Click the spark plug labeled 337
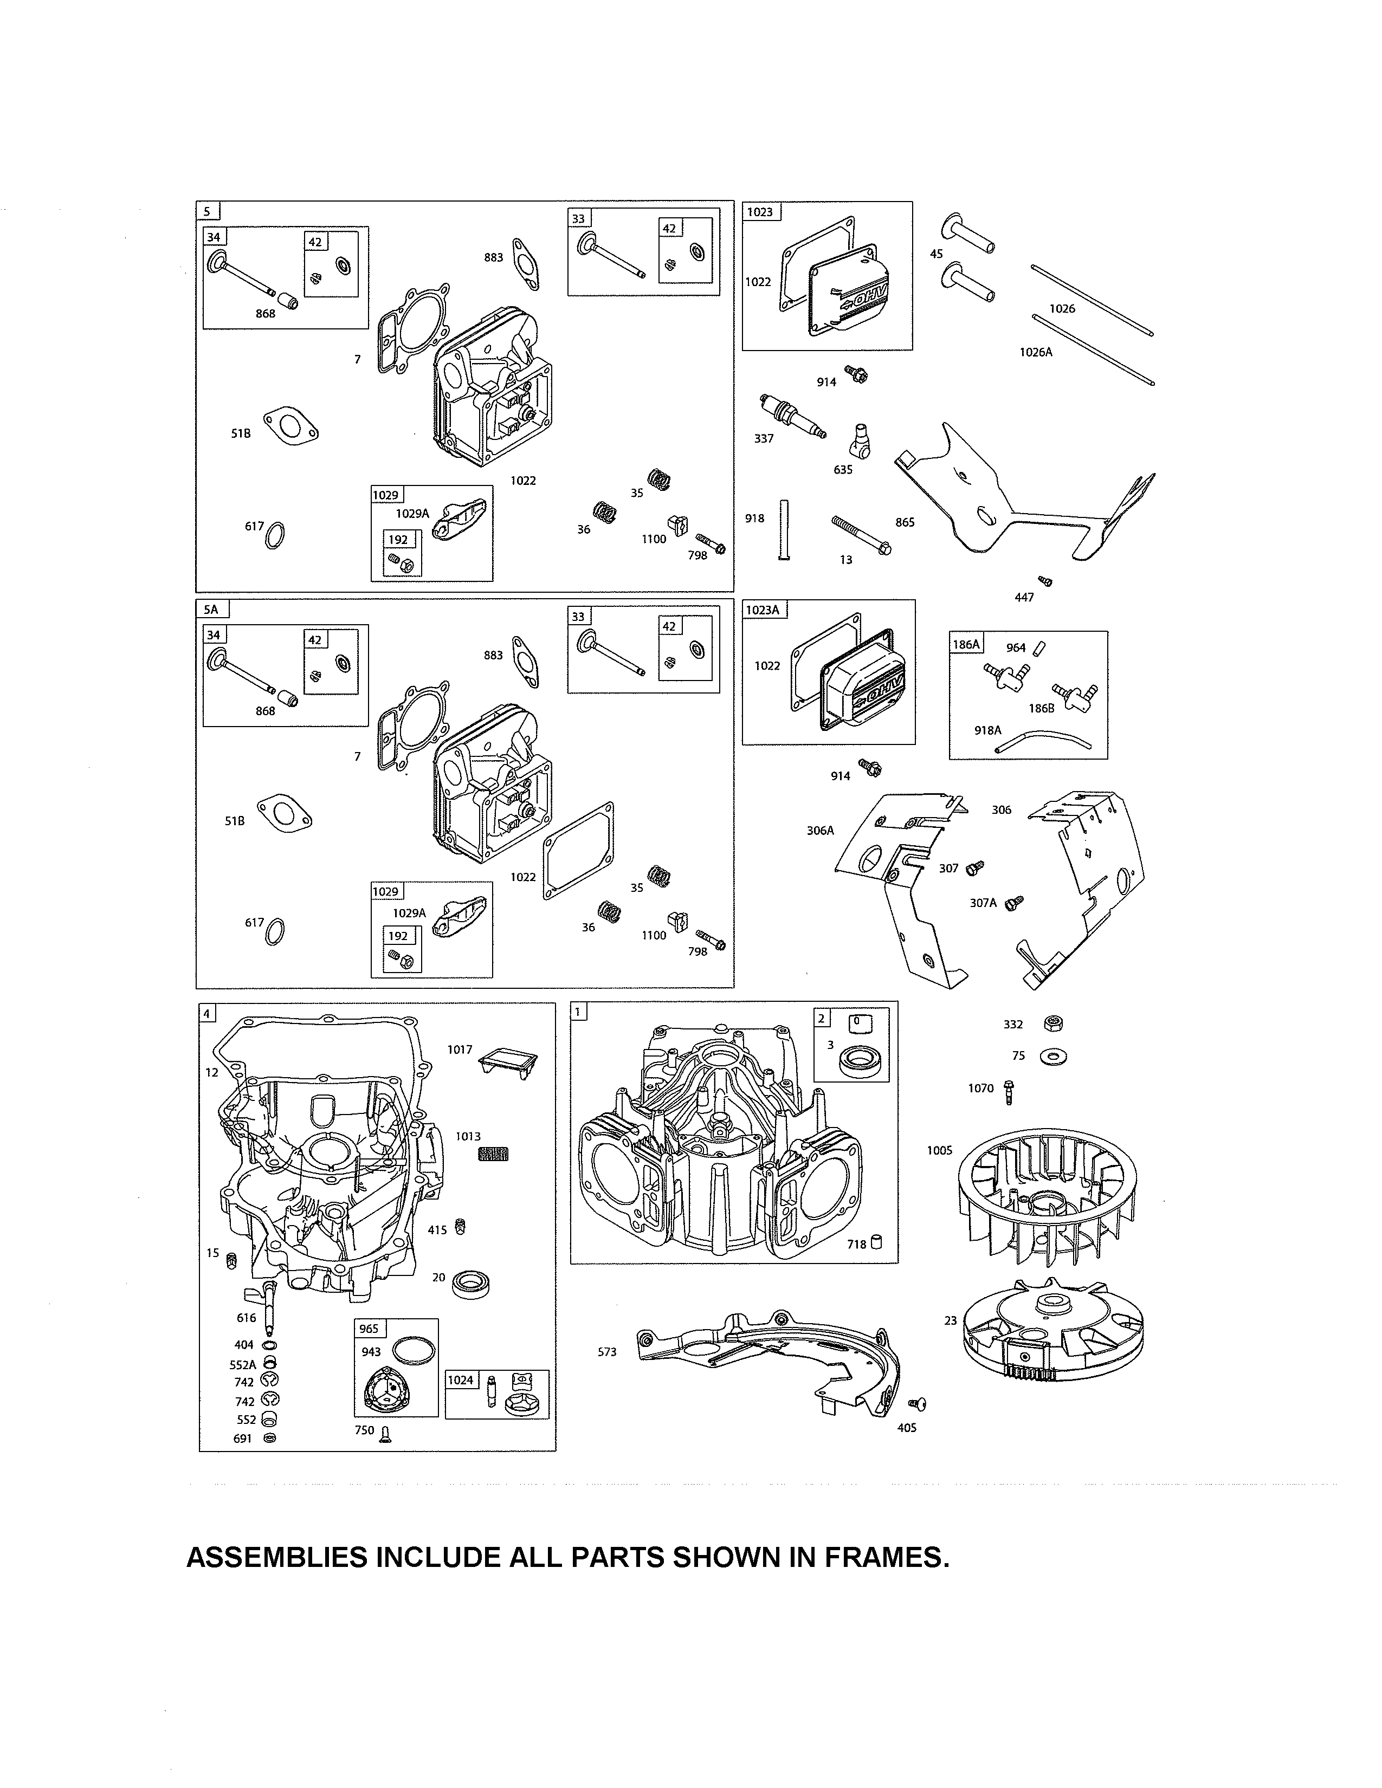coord(792,415)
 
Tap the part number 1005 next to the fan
coord(939,1150)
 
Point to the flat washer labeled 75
coord(1053,1058)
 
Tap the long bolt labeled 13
coord(861,535)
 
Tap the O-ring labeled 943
coord(414,1352)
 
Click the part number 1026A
coord(1036,352)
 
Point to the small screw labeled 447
coord(1045,581)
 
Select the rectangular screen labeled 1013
coord(493,1154)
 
